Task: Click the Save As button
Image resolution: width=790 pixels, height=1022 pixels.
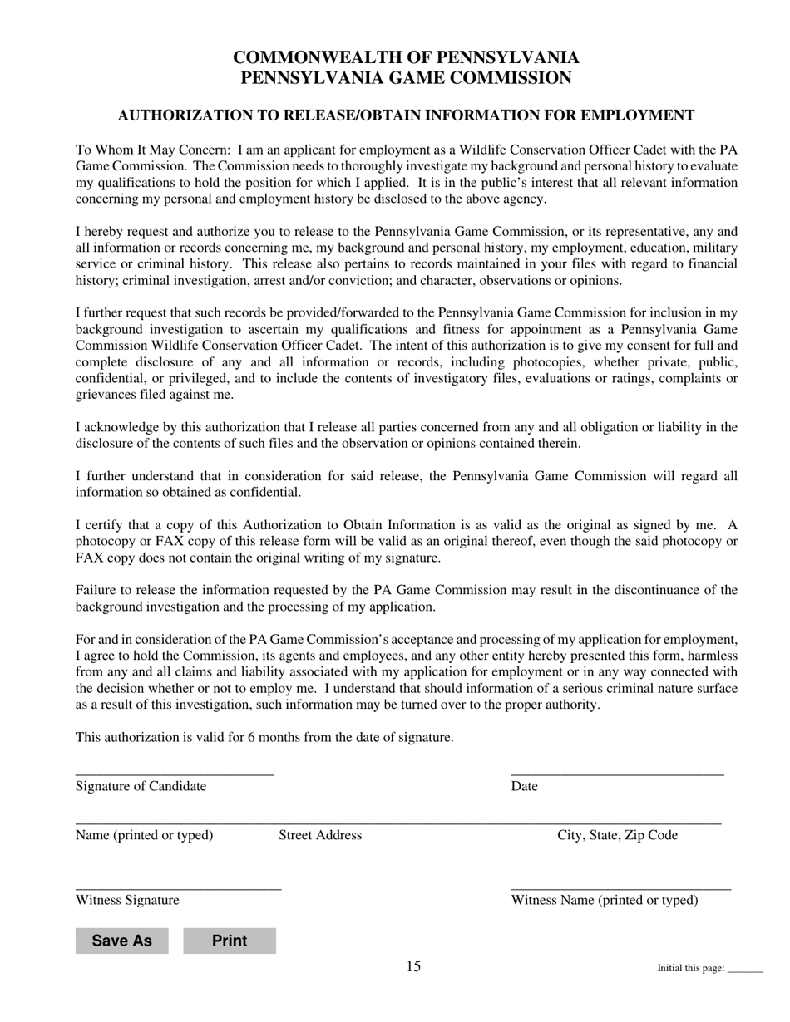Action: pos(121,941)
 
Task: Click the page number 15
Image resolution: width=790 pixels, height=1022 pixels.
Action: pos(413,966)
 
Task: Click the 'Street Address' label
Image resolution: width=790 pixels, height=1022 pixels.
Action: pos(320,835)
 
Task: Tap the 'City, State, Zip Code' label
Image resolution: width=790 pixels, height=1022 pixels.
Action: pos(617,835)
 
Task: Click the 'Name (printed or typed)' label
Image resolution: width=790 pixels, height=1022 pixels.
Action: pos(144,835)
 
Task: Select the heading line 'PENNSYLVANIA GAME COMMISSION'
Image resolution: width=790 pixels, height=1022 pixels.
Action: pos(406,78)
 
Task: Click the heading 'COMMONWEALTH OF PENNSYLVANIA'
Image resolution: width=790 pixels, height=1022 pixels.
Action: pos(406,57)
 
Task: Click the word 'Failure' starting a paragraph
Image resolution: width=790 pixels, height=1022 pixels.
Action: pos(96,591)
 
